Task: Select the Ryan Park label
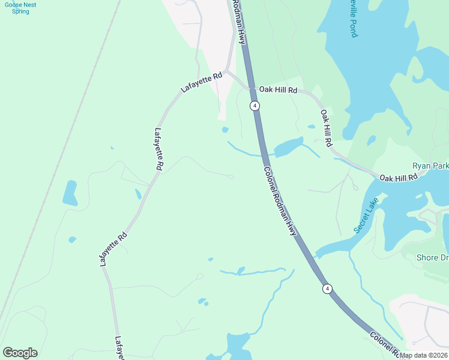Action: [430, 166]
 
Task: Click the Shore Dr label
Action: [432, 258]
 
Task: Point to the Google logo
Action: [20, 353]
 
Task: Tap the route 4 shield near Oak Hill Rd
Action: [256, 106]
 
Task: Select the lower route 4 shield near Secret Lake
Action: [327, 289]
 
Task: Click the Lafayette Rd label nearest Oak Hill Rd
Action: [202, 82]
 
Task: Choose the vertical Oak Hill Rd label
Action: [326, 128]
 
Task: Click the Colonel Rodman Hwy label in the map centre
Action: [280, 200]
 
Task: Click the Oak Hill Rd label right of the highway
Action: [278, 90]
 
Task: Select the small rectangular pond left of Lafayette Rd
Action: [70, 193]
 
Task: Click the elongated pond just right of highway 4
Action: [288, 146]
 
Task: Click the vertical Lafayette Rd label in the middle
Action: [159, 150]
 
